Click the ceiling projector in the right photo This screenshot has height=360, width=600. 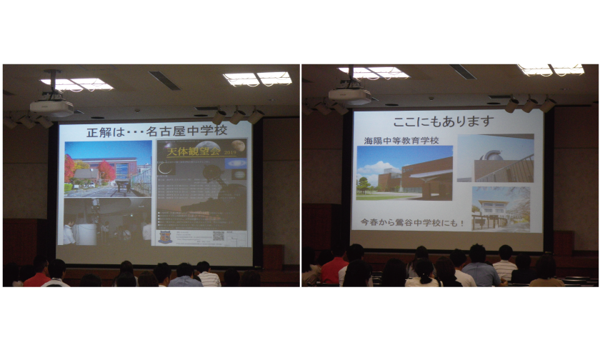349,94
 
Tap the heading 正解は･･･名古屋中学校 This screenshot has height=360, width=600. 156,131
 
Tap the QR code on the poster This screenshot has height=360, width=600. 219,235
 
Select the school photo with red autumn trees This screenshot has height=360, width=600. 107,169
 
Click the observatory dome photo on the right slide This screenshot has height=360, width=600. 494,158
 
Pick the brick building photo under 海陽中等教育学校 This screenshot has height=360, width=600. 404,173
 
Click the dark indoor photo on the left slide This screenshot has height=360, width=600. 107,221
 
